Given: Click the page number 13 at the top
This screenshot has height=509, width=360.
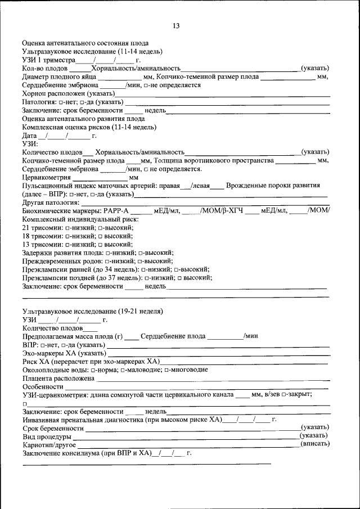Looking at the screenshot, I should click(176, 26).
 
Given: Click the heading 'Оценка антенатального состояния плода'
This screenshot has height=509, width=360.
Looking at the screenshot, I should click(85, 43).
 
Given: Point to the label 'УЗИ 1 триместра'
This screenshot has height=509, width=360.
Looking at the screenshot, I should click(48, 60).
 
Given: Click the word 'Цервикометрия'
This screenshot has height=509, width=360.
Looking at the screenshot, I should click(46, 177).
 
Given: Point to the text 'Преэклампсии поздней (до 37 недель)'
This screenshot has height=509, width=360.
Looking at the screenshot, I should click(82, 277).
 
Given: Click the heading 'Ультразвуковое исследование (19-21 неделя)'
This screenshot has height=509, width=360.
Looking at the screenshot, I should click(93, 311).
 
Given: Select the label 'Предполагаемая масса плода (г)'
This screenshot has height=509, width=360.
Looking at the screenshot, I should click(72, 336).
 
